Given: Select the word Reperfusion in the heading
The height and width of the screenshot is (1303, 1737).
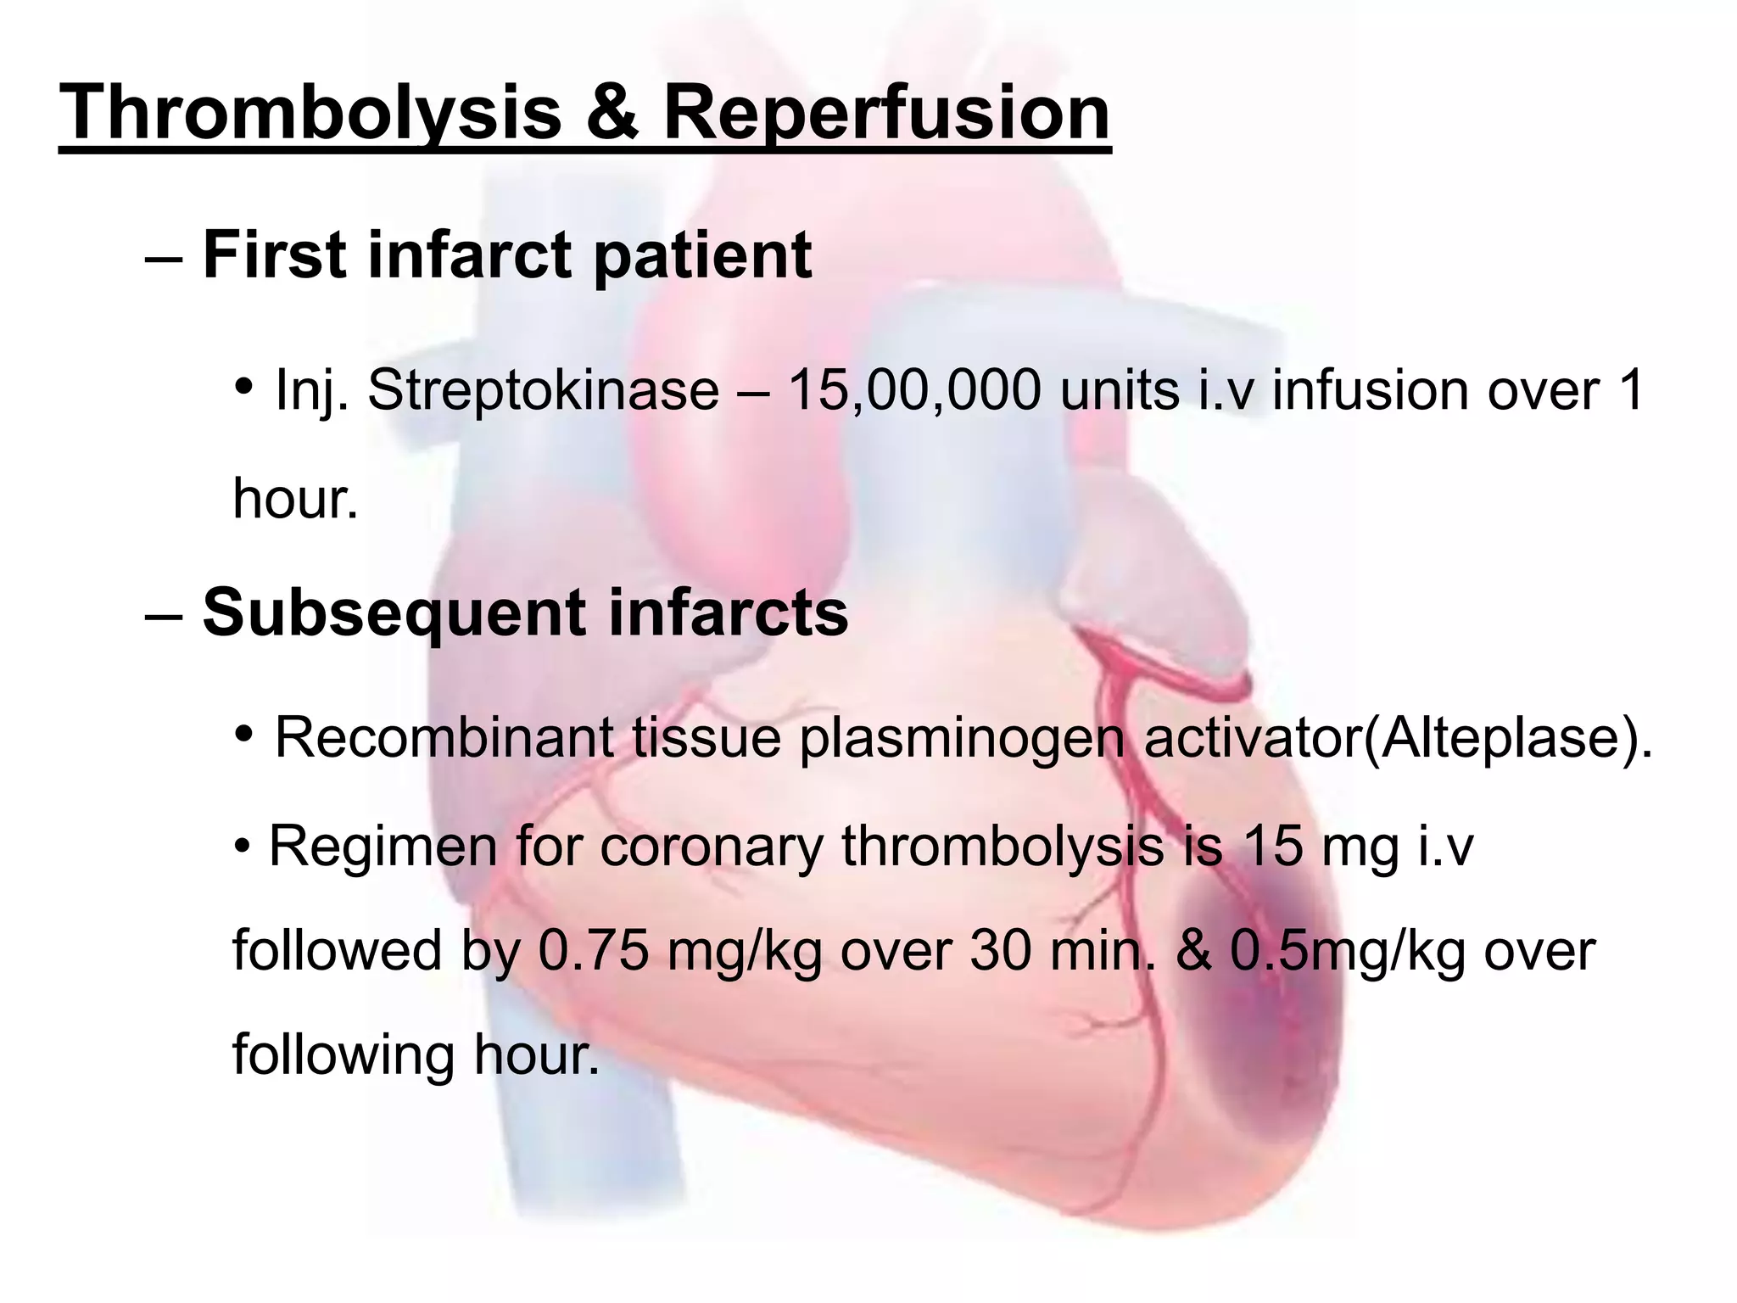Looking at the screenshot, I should pos(885,115).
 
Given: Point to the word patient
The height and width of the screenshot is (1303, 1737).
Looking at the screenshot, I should pos(702,256).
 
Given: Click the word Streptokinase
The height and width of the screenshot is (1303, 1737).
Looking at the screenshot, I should pos(543,391).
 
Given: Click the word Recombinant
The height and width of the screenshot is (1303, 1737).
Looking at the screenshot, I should pos(444,738).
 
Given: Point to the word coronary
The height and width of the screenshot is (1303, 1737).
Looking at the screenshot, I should pos(712,847).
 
